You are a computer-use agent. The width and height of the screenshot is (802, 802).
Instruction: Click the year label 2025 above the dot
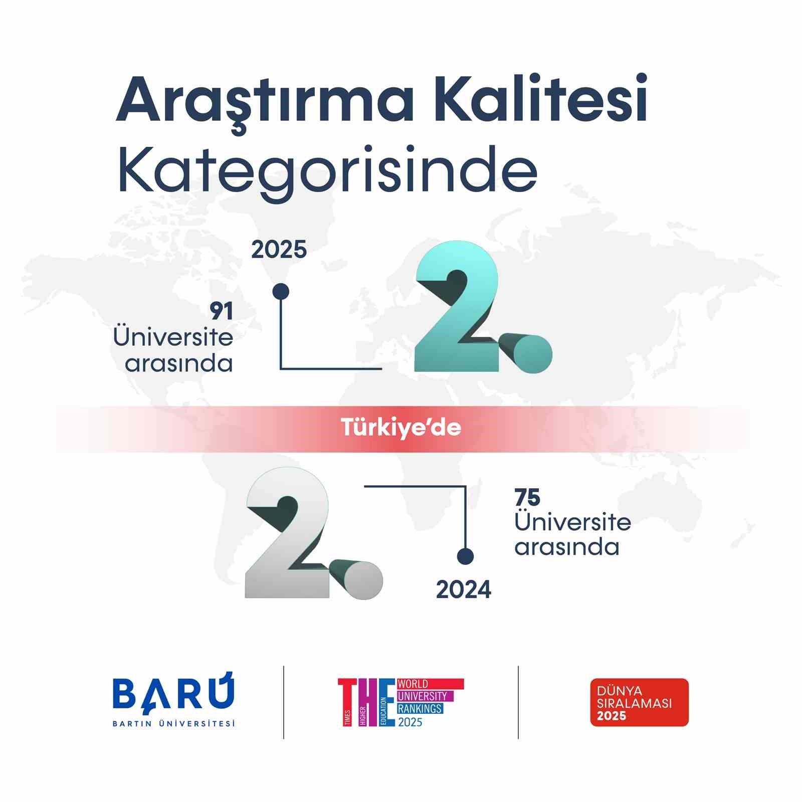279,250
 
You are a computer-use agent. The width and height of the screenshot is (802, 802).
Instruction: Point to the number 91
222,312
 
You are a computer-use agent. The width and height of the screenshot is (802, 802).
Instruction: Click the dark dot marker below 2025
280,291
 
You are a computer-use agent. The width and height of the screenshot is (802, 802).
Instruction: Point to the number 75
527,498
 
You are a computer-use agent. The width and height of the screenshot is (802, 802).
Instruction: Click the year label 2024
464,589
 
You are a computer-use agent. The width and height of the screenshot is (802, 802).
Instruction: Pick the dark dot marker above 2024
466,556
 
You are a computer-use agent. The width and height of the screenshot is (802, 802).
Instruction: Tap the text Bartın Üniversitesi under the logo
173,723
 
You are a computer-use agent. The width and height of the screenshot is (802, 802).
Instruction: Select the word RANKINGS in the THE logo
420,708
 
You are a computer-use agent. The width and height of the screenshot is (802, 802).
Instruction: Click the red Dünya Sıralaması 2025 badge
639,702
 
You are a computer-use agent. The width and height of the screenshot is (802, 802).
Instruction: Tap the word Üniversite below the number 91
173,337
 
